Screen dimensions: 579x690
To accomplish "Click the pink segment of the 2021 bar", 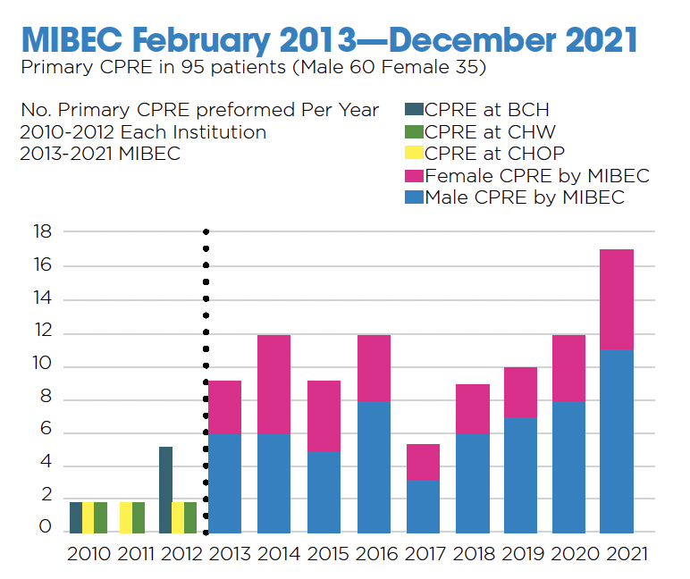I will pos(616,299).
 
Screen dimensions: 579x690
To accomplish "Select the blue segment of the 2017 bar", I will pos(423,507).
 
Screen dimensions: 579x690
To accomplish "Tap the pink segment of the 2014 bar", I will pos(274,384).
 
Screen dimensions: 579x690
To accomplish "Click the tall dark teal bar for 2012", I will pos(165,490).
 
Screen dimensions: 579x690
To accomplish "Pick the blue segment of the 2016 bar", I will pos(374,466).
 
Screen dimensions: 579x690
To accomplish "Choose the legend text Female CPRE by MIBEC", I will pos(537,175).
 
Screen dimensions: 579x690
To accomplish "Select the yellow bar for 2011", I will pos(126,517).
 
